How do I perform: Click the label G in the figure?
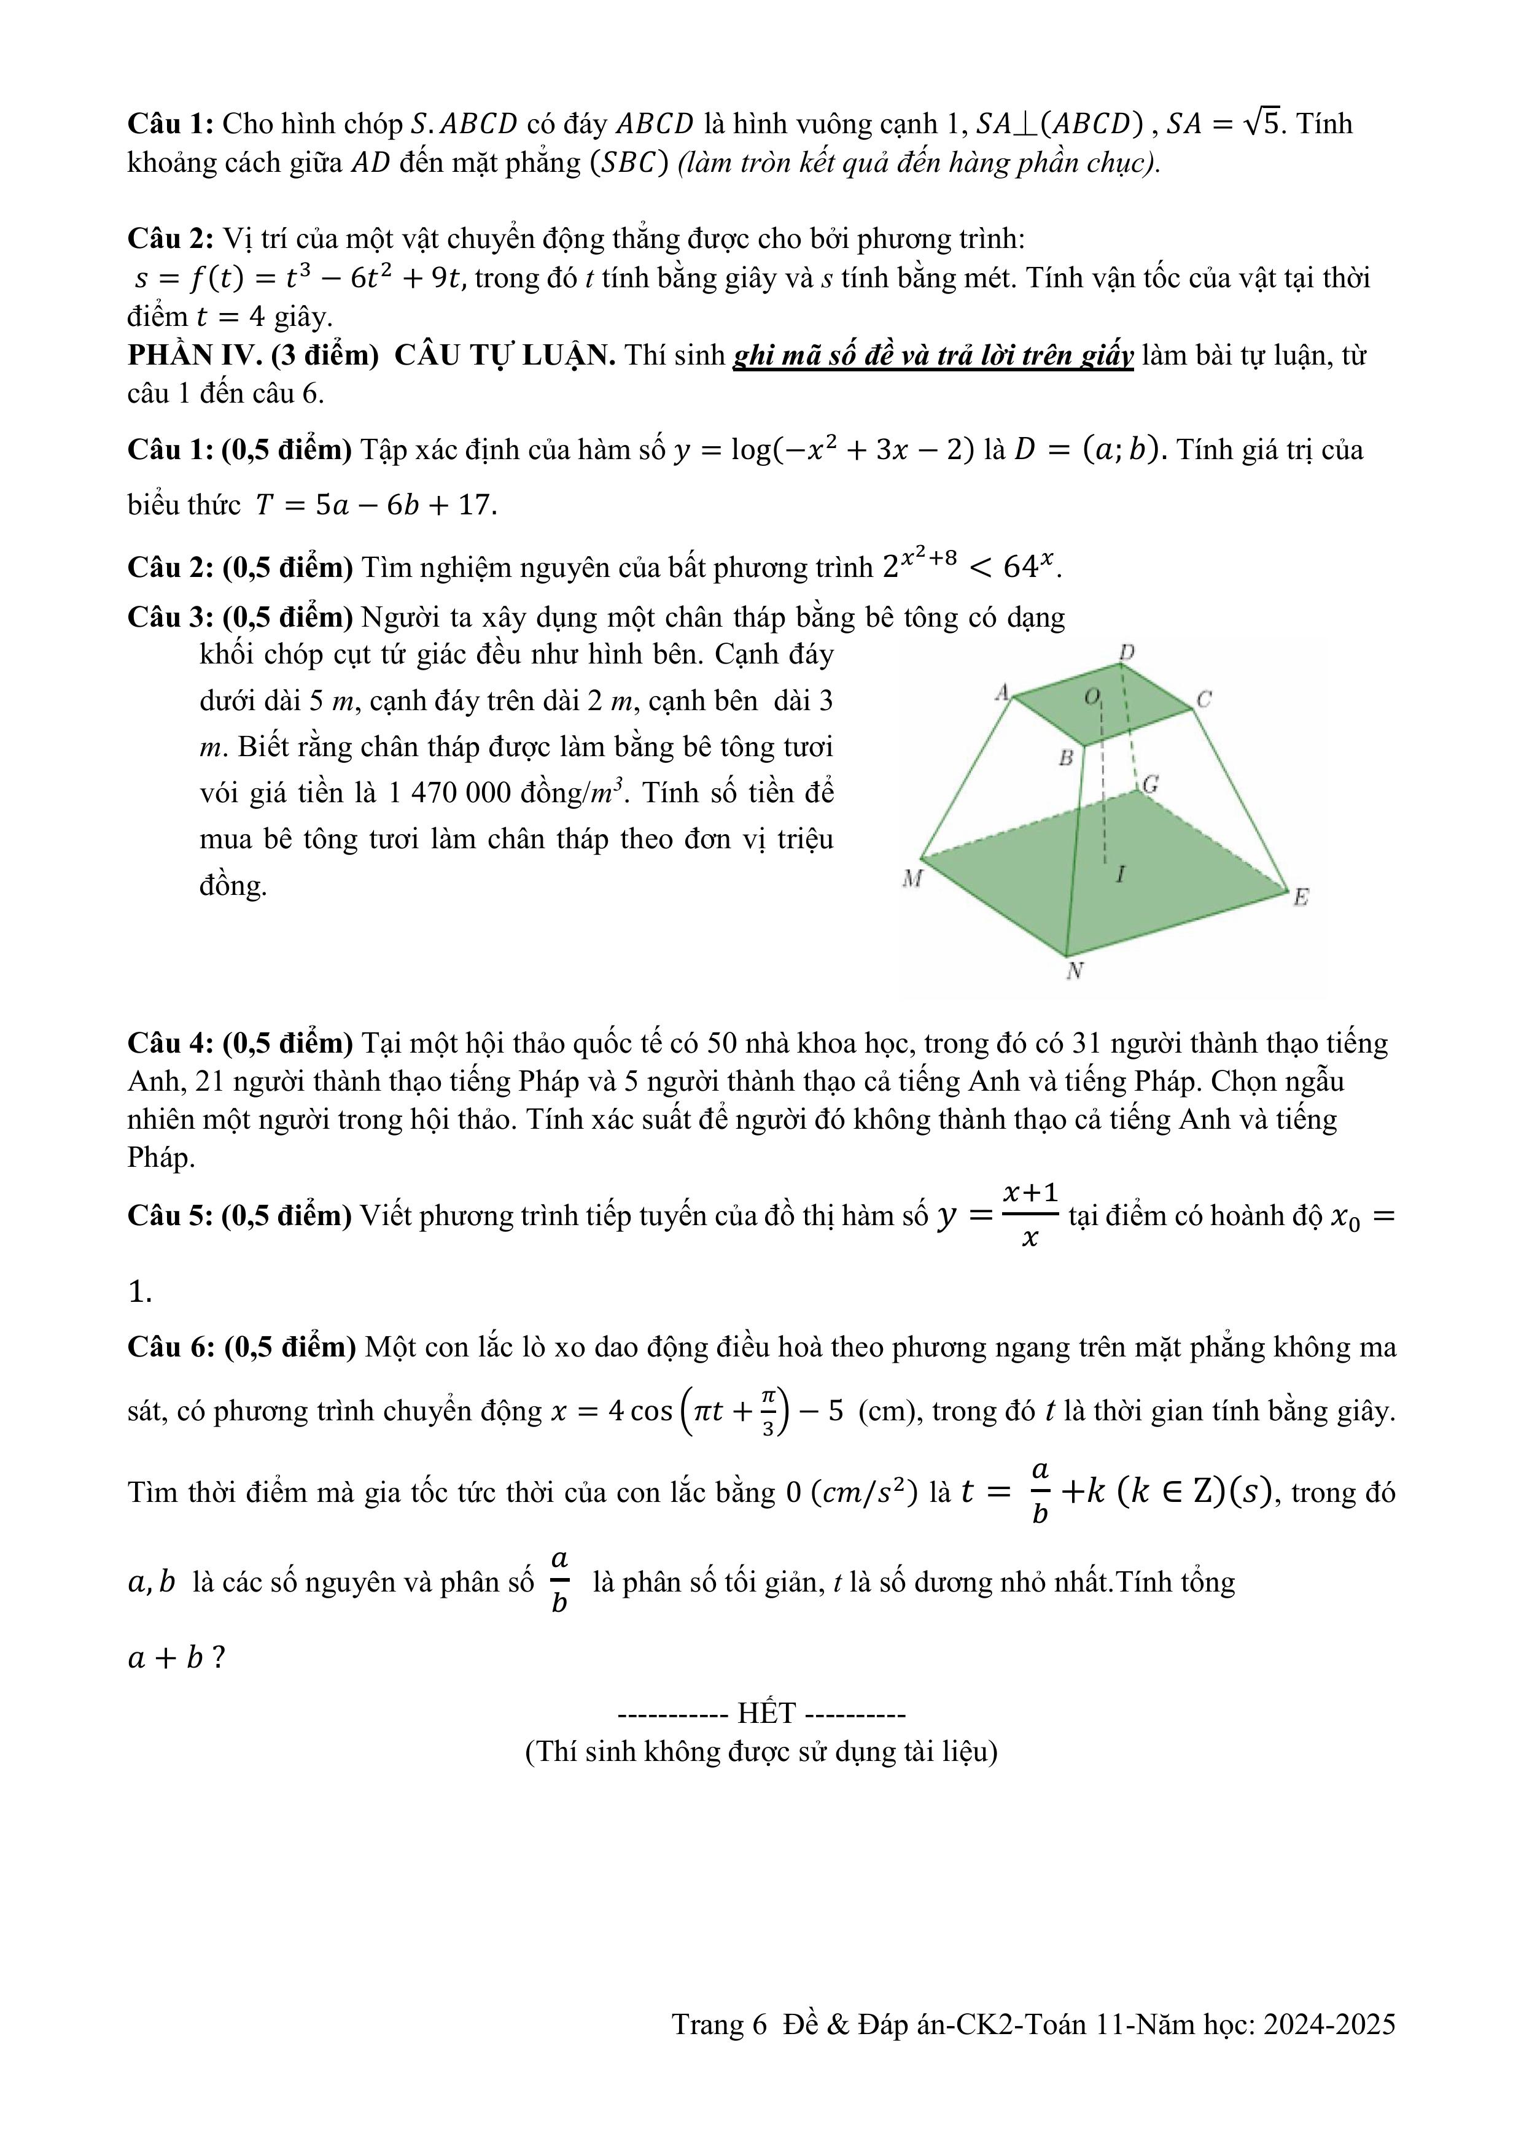1150,784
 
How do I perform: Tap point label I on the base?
1119,875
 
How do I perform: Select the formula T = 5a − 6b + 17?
376,505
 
